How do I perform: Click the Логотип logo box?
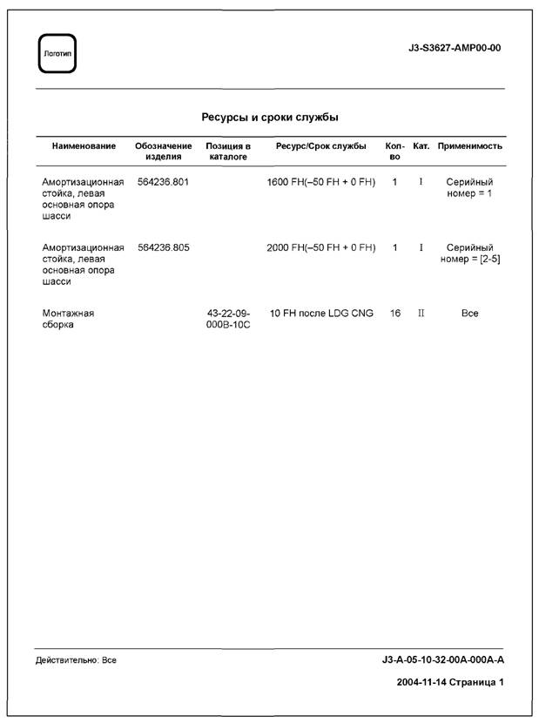point(57,54)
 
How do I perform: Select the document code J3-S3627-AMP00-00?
point(454,48)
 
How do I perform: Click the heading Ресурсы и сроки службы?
point(270,117)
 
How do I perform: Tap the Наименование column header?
point(84,146)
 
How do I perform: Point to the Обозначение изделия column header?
point(164,152)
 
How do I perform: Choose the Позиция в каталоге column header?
point(228,152)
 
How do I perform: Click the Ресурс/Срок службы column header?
point(320,146)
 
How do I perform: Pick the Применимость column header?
point(469,146)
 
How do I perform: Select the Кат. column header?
point(421,146)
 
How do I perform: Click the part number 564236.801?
point(164,182)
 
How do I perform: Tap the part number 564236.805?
point(164,247)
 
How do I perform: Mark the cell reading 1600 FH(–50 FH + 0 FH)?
point(320,182)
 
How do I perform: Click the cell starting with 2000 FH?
point(320,247)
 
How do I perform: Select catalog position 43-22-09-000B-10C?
point(228,319)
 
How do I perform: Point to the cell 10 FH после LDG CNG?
point(320,313)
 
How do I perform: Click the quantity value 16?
point(395,313)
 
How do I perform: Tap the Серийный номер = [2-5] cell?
point(469,253)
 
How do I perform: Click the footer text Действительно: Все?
point(76,660)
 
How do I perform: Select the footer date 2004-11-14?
point(424,682)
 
